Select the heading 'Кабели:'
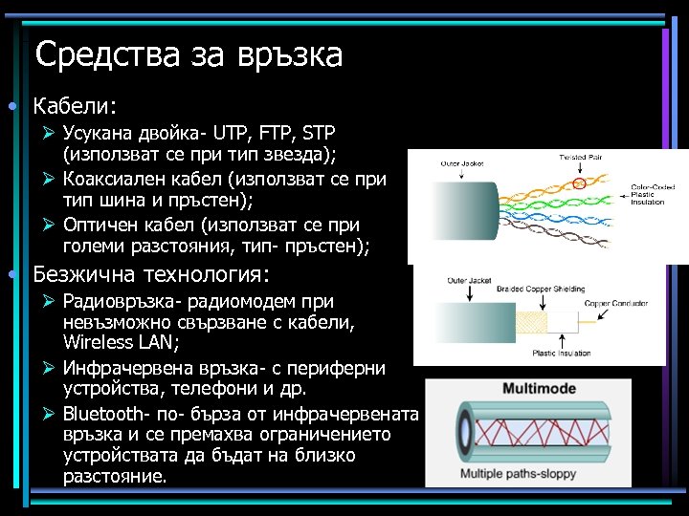[x=75, y=104]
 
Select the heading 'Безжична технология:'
[x=151, y=275]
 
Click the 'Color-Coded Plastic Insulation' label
[x=653, y=194]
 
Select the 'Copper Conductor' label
[x=618, y=304]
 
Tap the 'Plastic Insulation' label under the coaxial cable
[x=563, y=353]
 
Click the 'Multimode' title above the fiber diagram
[x=526, y=390]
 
